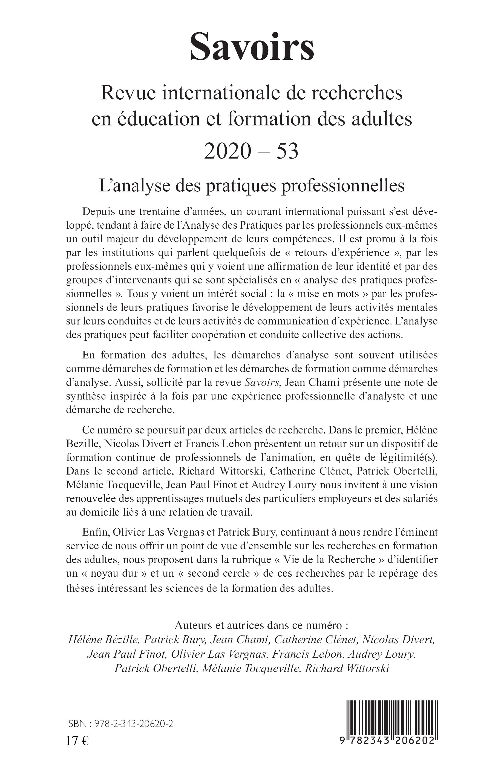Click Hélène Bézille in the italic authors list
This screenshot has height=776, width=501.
click(104, 640)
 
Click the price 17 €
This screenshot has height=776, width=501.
click(77, 739)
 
